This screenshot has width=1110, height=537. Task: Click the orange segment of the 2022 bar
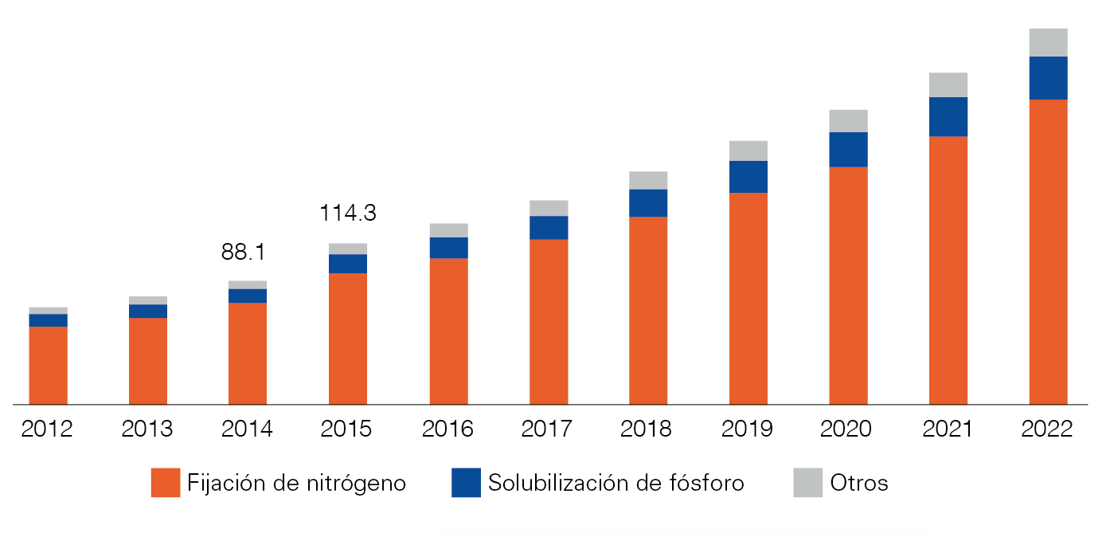(x=1048, y=252)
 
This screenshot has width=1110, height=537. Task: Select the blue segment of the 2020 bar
(x=848, y=149)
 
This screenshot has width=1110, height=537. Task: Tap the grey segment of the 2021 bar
(x=948, y=84)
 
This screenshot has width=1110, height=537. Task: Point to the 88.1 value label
(x=243, y=253)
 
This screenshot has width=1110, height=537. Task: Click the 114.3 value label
(x=347, y=214)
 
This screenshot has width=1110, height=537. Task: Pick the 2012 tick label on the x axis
(x=47, y=429)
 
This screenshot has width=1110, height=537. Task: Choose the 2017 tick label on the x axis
(x=547, y=429)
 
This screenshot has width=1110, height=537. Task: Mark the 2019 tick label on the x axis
(x=748, y=429)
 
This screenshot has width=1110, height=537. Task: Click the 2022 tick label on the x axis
(x=1047, y=429)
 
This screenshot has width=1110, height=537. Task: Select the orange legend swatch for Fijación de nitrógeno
(x=166, y=483)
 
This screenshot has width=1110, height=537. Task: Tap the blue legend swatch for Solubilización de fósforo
(x=466, y=483)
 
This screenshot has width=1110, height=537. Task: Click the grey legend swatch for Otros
(x=807, y=483)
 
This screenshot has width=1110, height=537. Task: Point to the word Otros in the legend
(x=859, y=483)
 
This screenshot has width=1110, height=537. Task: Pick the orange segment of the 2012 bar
(x=48, y=366)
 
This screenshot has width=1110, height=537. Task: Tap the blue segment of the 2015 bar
(x=348, y=264)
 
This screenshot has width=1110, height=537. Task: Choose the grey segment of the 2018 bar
(x=648, y=180)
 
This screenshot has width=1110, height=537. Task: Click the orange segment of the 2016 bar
(x=448, y=331)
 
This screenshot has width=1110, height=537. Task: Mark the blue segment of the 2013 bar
(x=148, y=311)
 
